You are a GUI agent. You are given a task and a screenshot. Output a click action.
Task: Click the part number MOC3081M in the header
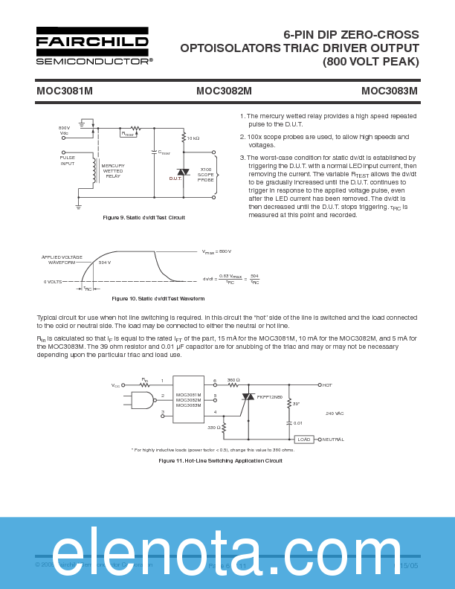[x=65, y=91]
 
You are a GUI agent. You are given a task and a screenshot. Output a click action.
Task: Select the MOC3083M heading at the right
[x=390, y=91]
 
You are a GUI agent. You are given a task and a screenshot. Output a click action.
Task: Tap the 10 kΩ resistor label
[x=193, y=138]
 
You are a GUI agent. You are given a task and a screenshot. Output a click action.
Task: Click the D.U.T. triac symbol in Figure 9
[x=183, y=173]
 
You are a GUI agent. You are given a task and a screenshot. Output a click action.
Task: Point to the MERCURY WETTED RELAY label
[x=113, y=170]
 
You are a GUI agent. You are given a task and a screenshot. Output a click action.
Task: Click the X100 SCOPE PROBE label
[x=205, y=175]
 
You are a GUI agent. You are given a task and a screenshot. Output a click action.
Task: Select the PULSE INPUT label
[x=68, y=160]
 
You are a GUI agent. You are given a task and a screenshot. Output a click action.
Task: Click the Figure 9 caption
[x=143, y=217]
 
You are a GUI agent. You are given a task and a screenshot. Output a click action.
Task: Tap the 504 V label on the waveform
[x=104, y=263]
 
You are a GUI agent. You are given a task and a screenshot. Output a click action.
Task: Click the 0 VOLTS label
[x=53, y=282]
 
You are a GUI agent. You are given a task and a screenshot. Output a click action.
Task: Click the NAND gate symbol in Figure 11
[x=142, y=400]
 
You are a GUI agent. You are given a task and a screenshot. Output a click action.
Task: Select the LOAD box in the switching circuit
[x=303, y=440]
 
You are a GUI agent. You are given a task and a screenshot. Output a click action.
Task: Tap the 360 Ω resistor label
[x=233, y=380]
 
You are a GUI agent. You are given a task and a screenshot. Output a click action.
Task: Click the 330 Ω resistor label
[x=213, y=428]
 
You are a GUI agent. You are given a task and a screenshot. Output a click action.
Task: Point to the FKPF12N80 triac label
[x=270, y=397]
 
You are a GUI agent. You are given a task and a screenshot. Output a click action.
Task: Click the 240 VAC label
[x=335, y=413]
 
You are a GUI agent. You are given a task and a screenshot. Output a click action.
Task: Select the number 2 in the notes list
[x=242, y=137]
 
